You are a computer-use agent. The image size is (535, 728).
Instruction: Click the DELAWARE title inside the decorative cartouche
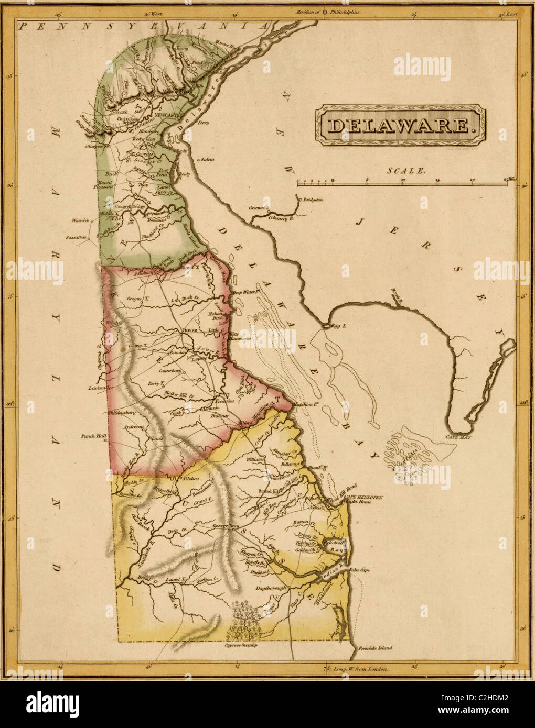(399, 125)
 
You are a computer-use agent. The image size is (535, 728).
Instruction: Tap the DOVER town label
(189, 330)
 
